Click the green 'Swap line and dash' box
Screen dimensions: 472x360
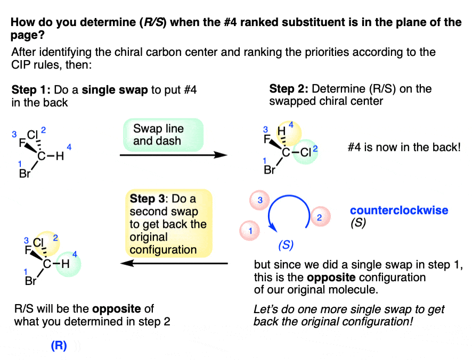click(x=163, y=135)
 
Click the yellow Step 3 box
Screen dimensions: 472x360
click(x=168, y=223)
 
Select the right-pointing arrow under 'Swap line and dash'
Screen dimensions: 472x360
click(x=173, y=155)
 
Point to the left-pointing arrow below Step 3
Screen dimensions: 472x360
click(x=174, y=264)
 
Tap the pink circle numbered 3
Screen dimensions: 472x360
click(x=259, y=200)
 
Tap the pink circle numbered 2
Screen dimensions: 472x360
click(x=320, y=217)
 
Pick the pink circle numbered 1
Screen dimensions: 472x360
click(x=249, y=231)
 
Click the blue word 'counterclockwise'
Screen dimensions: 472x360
click(x=399, y=210)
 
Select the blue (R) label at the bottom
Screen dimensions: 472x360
click(x=59, y=346)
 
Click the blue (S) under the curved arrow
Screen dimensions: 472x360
click(x=286, y=245)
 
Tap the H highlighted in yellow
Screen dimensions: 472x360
click(x=281, y=131)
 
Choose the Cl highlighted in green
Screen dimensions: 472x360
click(x=305, y=152)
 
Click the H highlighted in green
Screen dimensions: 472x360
click(x=66, y=264)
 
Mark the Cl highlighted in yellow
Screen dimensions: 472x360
click(x=38, y=243)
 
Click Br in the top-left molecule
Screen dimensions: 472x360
click(x=25, y=174)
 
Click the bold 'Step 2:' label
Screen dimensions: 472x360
click(x=289, y=88)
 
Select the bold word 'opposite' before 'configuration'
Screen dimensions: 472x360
click(x=331, y=277)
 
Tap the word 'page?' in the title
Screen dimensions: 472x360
click(x=27, y=36)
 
